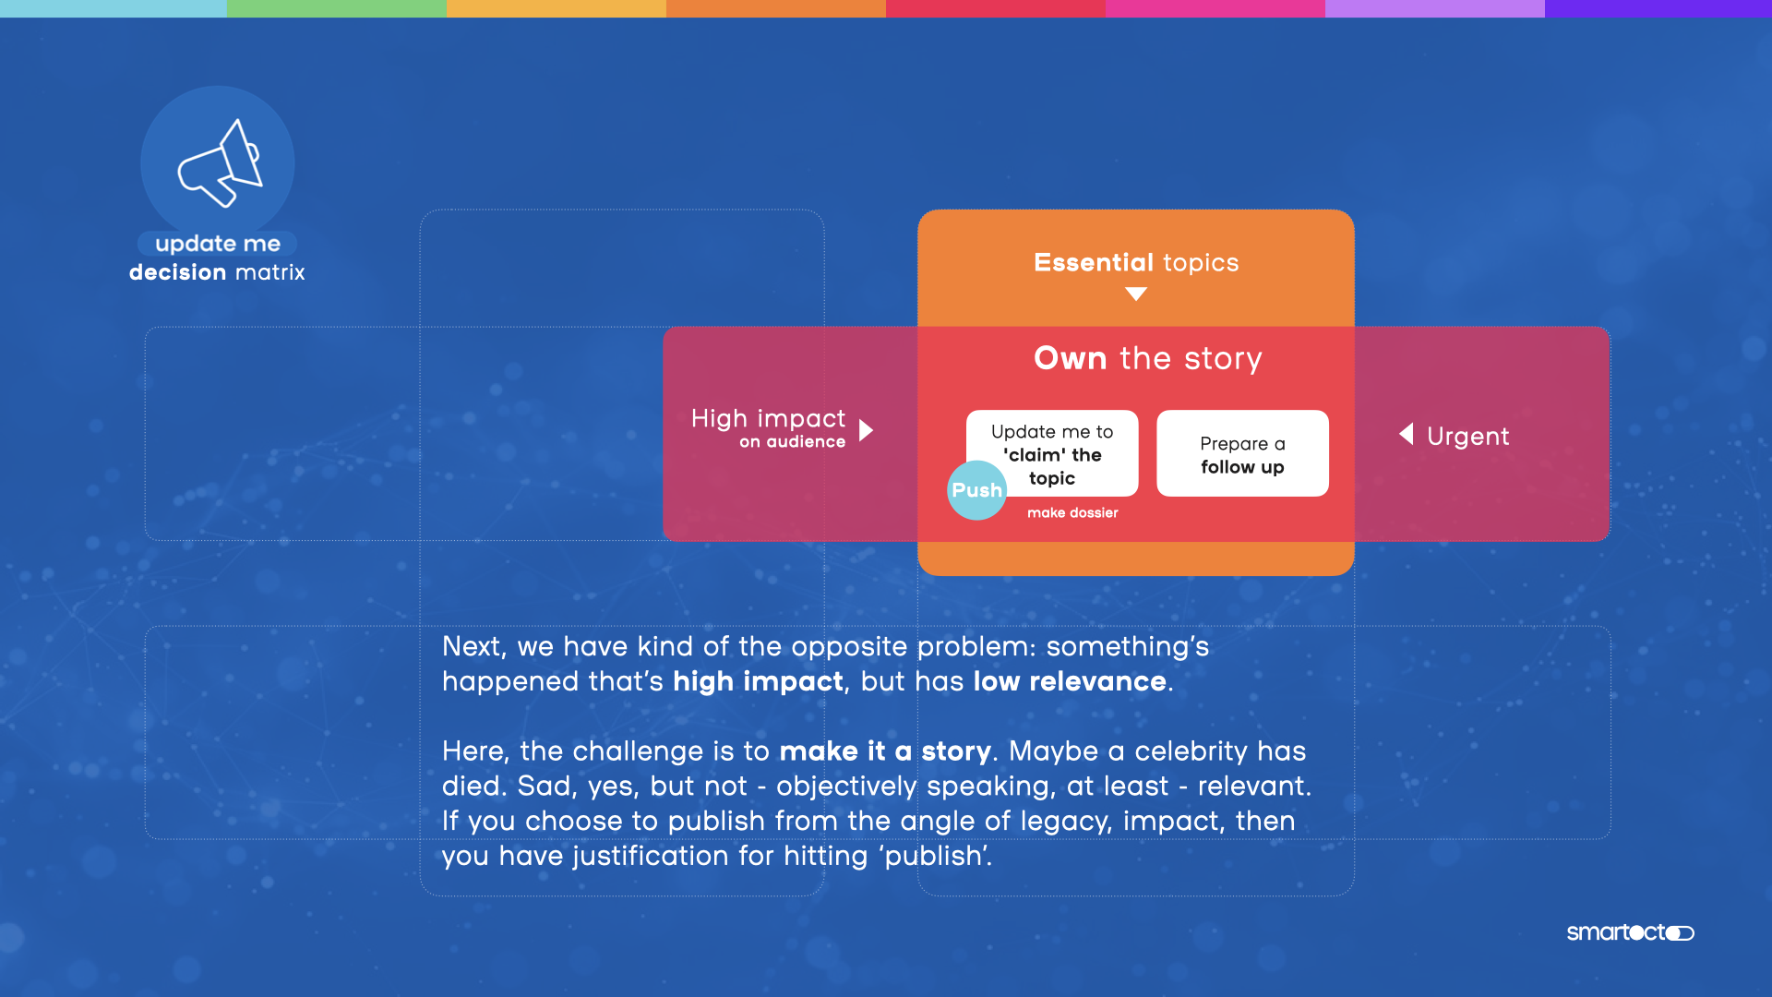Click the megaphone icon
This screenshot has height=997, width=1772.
pyautogui.click(x=221, y=162)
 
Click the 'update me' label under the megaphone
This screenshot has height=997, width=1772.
pyautogui.click(x=218, y=244)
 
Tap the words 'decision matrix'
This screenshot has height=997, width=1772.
pyautogui.click(x=217, y=272)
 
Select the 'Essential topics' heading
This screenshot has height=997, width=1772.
pyautogui.click(x=1136, y=262)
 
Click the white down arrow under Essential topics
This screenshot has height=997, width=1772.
pyautogui.click(x=1136, y=294)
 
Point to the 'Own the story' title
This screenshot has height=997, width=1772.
pyautogui.click(x=1147, y=358)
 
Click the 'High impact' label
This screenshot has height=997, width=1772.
pyautogui.click(x=768, y=418)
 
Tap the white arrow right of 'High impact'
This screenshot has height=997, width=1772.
pyautogui.click(x=866, y=430)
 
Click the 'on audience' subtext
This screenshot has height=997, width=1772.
pyautogui.click(x=792, y=442)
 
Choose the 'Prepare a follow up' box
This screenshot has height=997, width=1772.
pyautogui.click(x=1242, y=453)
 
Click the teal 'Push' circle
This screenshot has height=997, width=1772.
pyautogui.click(x=976, y=490)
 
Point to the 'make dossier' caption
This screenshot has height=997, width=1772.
pyautogui.click(x=1072, y=513)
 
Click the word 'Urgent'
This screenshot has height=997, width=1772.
pyautogui.click(x=1467, y=436)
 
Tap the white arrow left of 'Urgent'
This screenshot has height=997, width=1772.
pyautogui.click(x=1406, y=434)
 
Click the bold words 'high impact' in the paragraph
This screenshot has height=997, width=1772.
pyautogui.click(x=758, y=681)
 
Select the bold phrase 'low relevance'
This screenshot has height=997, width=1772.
pyautogui.click(x=1070, y=681)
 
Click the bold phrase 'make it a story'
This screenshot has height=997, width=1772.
pyautogui.click(x=885, y=751)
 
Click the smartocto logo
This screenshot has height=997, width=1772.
pyautogui.click(x=1630, y=932)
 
